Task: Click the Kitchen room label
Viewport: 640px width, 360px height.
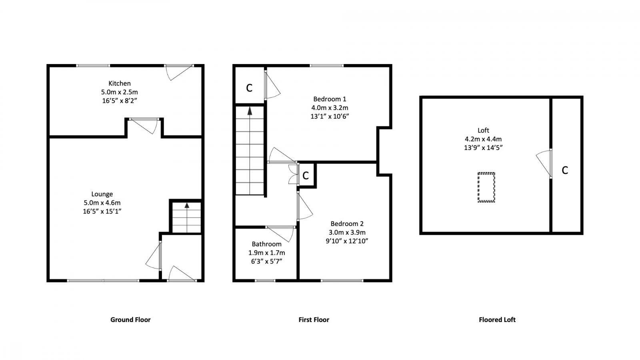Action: pos(120,83)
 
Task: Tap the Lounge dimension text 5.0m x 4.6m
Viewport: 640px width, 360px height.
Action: pos(102,203)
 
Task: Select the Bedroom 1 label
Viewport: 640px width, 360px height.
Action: pos(330,99)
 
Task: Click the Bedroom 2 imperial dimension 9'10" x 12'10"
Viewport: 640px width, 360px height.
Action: pos(347,241)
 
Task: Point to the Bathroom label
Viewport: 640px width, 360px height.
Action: pos(266,244)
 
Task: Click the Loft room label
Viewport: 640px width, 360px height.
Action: pos(483,130)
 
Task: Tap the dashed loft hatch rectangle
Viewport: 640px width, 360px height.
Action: pos(486,187)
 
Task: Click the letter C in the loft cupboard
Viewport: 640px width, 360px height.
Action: pos(565,170)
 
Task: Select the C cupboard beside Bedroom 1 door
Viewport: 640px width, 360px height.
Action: pos(249,88)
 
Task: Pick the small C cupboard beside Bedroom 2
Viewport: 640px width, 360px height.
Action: pos(306,176)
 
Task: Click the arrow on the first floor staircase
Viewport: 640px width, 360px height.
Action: pos(250,111)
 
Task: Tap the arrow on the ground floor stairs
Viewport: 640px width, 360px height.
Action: pos(187,206)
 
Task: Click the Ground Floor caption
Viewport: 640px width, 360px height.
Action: pos(130,320)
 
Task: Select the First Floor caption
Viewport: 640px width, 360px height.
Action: pos(314,320)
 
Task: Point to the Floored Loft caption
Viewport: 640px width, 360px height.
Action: pos(497,320)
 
